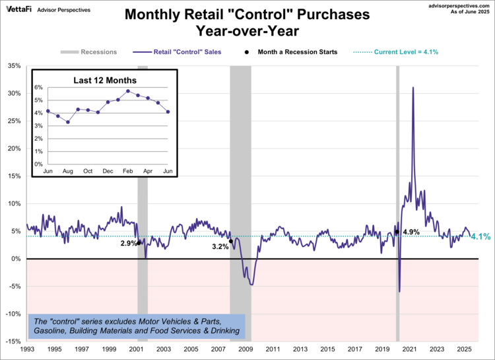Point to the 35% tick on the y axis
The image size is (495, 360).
[15, 65]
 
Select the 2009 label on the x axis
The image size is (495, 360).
[246, 349]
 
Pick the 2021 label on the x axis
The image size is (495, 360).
[410, 349]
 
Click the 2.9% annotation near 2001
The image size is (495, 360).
[129, 244]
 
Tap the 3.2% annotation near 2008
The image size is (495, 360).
[220, 246]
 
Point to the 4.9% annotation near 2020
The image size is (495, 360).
[411, 231]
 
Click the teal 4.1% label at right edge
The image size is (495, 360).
[481, 236]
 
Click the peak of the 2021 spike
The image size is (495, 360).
[413, 87]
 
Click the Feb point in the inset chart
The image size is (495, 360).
[128, 91]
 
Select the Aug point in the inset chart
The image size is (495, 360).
[67, 122]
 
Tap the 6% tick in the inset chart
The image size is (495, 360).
[38, 87]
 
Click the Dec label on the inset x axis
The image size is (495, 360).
[108, 171]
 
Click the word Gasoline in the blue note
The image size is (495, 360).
[55, 330]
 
